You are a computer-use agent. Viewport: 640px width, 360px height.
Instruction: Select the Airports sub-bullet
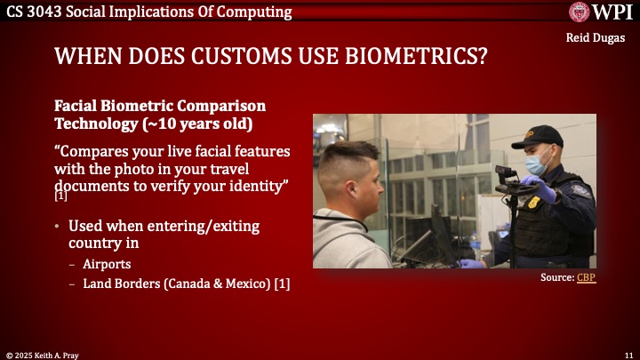(x=106, y=265)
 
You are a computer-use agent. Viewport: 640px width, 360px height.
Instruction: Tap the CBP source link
(x=586, y=278)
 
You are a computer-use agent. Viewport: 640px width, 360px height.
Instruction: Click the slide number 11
(x=628, y=354)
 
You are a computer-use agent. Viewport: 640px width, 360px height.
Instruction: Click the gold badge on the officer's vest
(x=533, y=202)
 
